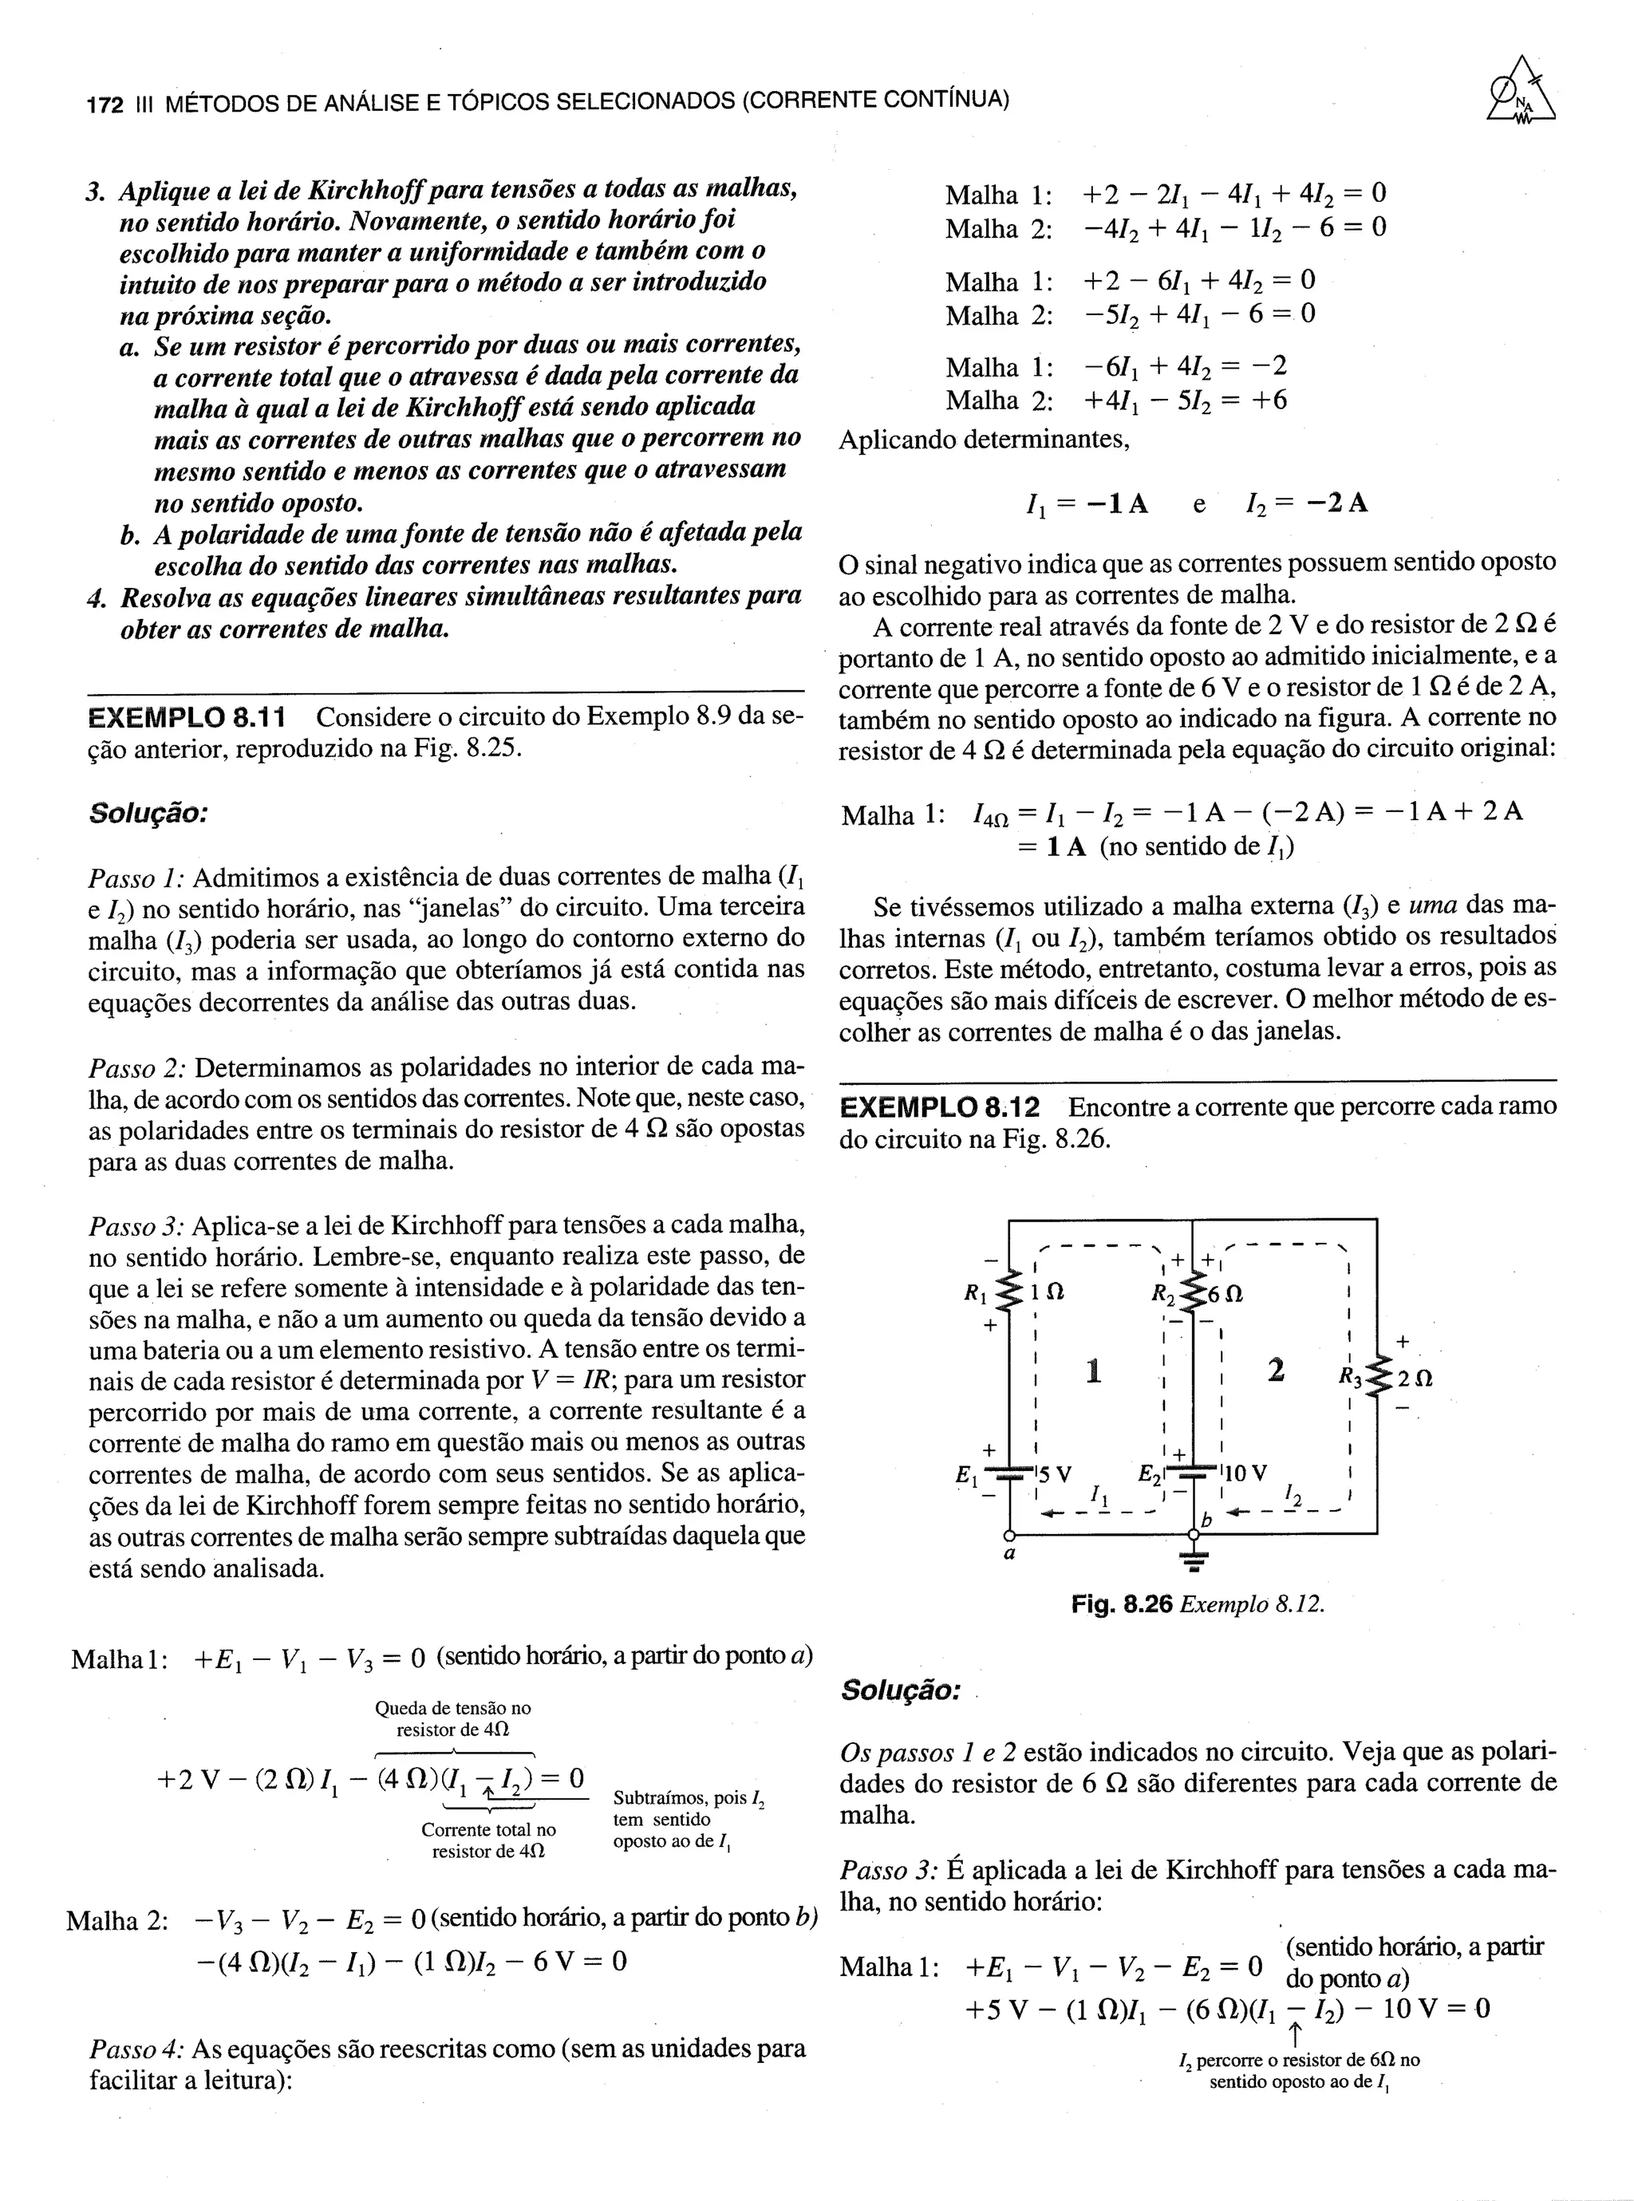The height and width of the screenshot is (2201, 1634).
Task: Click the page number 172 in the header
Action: (105, 103)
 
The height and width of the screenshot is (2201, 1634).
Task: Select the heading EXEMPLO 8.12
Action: (945, 1106)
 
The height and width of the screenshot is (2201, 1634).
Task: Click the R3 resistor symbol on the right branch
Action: (1378, 1375)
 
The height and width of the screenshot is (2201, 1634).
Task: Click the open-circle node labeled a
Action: (1009, 1535)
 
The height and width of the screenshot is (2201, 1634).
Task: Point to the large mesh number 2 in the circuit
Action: (1276, 1371)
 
